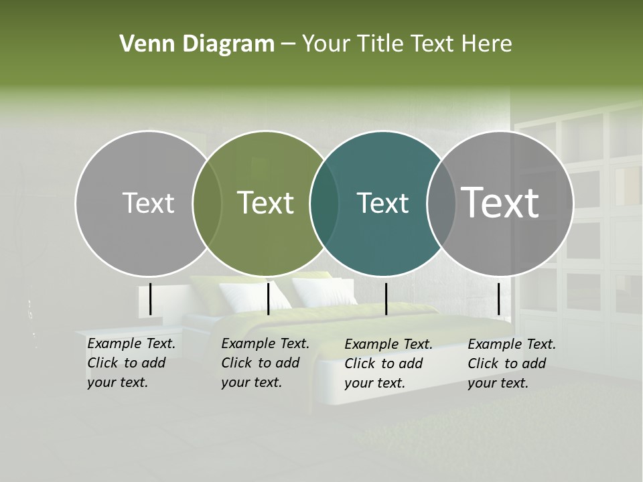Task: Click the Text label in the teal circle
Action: point(382,204)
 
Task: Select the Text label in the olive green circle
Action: point(266,203)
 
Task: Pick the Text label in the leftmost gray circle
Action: point(148,204)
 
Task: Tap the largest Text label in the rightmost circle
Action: point(500,202)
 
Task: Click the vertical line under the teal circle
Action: point(386,299)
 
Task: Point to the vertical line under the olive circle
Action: point(269,299)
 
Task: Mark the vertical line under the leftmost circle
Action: point(151,299)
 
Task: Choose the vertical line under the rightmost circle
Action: point(498,299)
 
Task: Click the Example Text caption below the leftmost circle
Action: point(131,363)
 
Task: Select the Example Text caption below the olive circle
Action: point(265,363)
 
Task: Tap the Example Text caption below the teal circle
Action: point(388,364)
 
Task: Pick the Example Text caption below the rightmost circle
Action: point(511,364)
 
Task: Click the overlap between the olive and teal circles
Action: point(324,204)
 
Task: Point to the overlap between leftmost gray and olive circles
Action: point(207,204)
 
